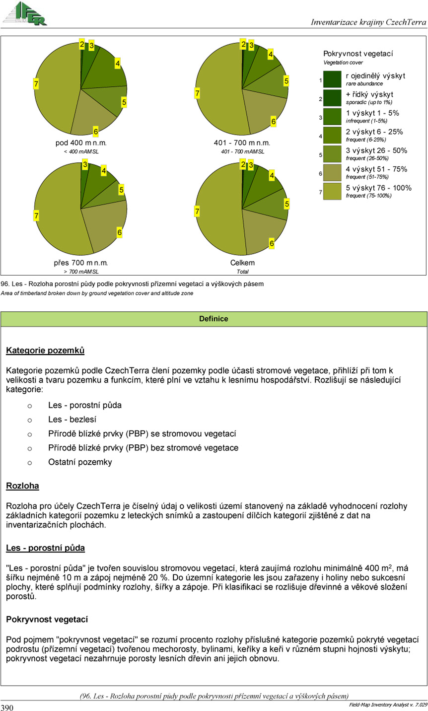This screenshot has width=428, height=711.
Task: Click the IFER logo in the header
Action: coord(25,14)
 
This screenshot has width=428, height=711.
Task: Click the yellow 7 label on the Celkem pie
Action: coord(198,212)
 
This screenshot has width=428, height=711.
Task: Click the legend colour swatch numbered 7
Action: coord(332,191)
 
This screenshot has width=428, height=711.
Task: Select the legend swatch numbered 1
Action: coord(332,79)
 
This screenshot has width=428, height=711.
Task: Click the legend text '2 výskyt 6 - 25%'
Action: coord(374,132)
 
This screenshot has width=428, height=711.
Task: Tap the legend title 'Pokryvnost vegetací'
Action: coord(358,54)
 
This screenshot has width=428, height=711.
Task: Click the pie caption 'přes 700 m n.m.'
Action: coord(81,263)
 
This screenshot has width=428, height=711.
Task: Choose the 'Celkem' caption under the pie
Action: coord(242,263)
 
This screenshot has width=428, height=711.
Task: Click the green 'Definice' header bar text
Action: coord(214,319)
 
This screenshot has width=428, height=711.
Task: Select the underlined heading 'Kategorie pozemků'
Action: coord(45,351)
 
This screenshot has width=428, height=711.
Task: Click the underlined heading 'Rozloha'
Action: coord(22,486)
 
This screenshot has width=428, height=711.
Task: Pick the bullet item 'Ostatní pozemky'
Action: coord(80,462)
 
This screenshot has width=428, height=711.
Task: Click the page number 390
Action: coord(7,707)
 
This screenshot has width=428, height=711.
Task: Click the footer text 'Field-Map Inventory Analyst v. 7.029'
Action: coord(384,705)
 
